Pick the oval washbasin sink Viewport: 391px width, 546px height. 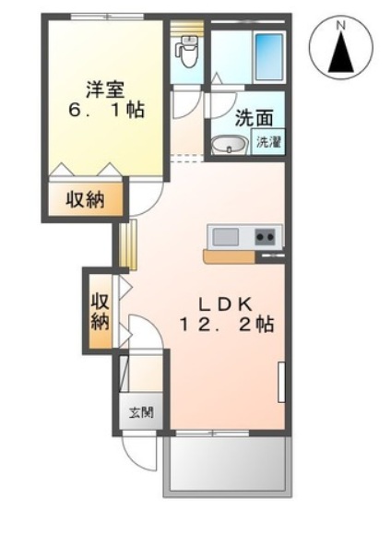229,144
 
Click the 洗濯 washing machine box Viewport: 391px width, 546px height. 268,142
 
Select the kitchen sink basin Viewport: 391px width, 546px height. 226,237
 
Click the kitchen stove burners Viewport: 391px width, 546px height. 266,237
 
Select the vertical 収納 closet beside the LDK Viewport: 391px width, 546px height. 99,310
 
